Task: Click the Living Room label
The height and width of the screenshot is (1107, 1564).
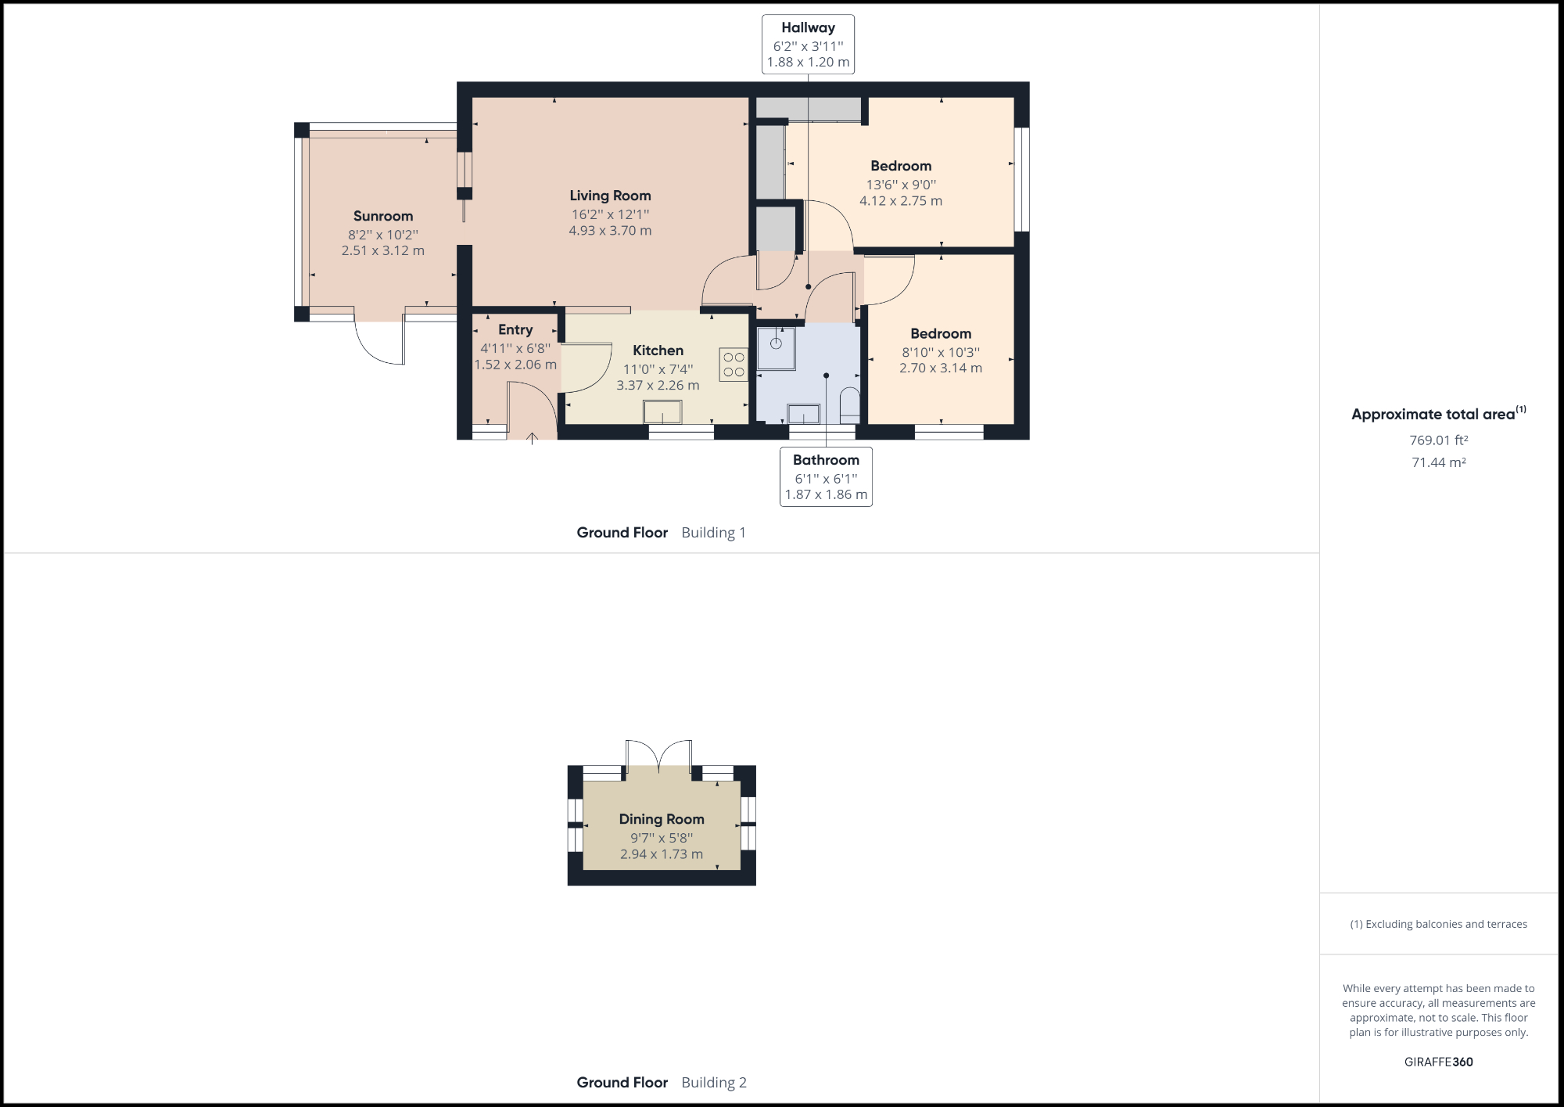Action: coord(610,196)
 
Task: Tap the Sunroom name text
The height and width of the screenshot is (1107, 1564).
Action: coord(382,216)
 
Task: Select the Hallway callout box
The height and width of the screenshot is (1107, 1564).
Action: coord(808,45)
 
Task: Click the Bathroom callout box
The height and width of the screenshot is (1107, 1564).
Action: coord(826,476)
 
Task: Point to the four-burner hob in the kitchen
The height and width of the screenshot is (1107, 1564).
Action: coord(734,365)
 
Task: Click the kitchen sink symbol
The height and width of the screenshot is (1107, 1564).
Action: coord(662,411)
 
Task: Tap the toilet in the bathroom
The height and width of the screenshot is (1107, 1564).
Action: coord(849,404)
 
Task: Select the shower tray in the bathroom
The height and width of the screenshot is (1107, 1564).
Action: coord(776,348)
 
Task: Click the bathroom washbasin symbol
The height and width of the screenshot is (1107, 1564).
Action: coord(803,413)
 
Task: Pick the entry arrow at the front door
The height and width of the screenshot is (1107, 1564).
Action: coord(532,438)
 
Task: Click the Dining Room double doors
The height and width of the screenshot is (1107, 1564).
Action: coord(659,756)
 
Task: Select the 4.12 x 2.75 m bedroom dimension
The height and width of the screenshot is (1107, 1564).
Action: coord(901,201)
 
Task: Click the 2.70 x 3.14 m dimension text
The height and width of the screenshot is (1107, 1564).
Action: coord(941,368)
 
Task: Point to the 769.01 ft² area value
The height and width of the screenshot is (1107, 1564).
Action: coord(1438,440)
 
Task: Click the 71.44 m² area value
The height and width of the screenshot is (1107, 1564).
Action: coord(1438,462)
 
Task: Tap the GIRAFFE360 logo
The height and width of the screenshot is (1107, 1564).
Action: coord(1438,1062)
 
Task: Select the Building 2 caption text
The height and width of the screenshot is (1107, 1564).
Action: coord(713,1083)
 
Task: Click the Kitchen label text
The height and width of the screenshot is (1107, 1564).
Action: coord(658,350)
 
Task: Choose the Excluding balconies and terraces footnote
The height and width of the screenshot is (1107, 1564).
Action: coord(1438,924)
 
